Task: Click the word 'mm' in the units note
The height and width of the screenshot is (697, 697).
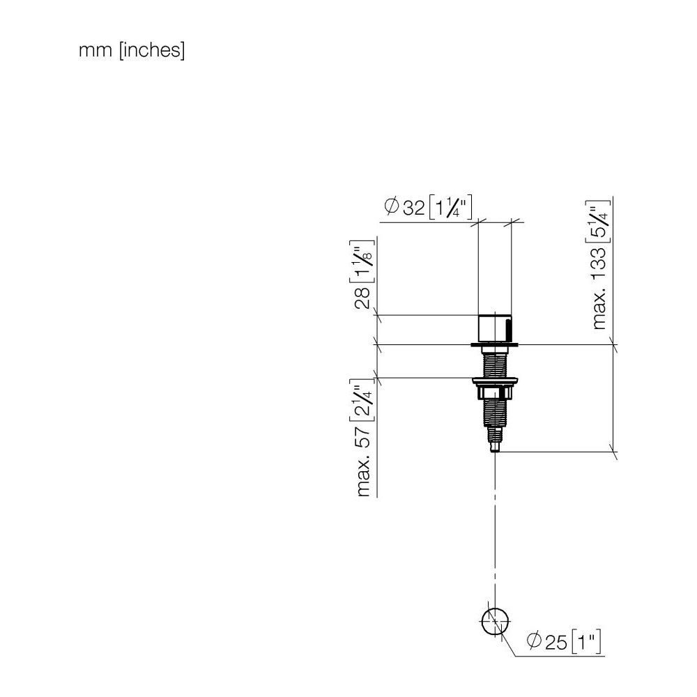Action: point(95,51)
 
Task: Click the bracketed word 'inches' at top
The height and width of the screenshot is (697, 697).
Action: point(152,49)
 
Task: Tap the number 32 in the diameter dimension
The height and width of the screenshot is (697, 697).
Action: point(413,208)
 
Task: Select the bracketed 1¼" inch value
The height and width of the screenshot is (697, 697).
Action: point(450,207)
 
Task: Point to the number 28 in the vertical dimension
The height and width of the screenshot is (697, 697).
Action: point(362,298)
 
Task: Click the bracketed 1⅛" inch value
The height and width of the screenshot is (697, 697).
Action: point(362,262)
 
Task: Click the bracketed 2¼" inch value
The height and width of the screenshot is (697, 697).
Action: point(362,400)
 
